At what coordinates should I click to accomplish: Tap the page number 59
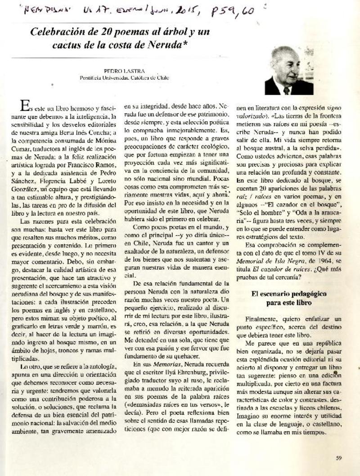pyautogui.click(x=338, y=458)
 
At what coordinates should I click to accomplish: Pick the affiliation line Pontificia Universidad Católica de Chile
pyautogui.click(x=120, y=77)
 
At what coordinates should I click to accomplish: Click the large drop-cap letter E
pyautogui.click(x=26, y=106)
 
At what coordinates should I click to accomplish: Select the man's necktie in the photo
pyautogui.click(x=286, y=90)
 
